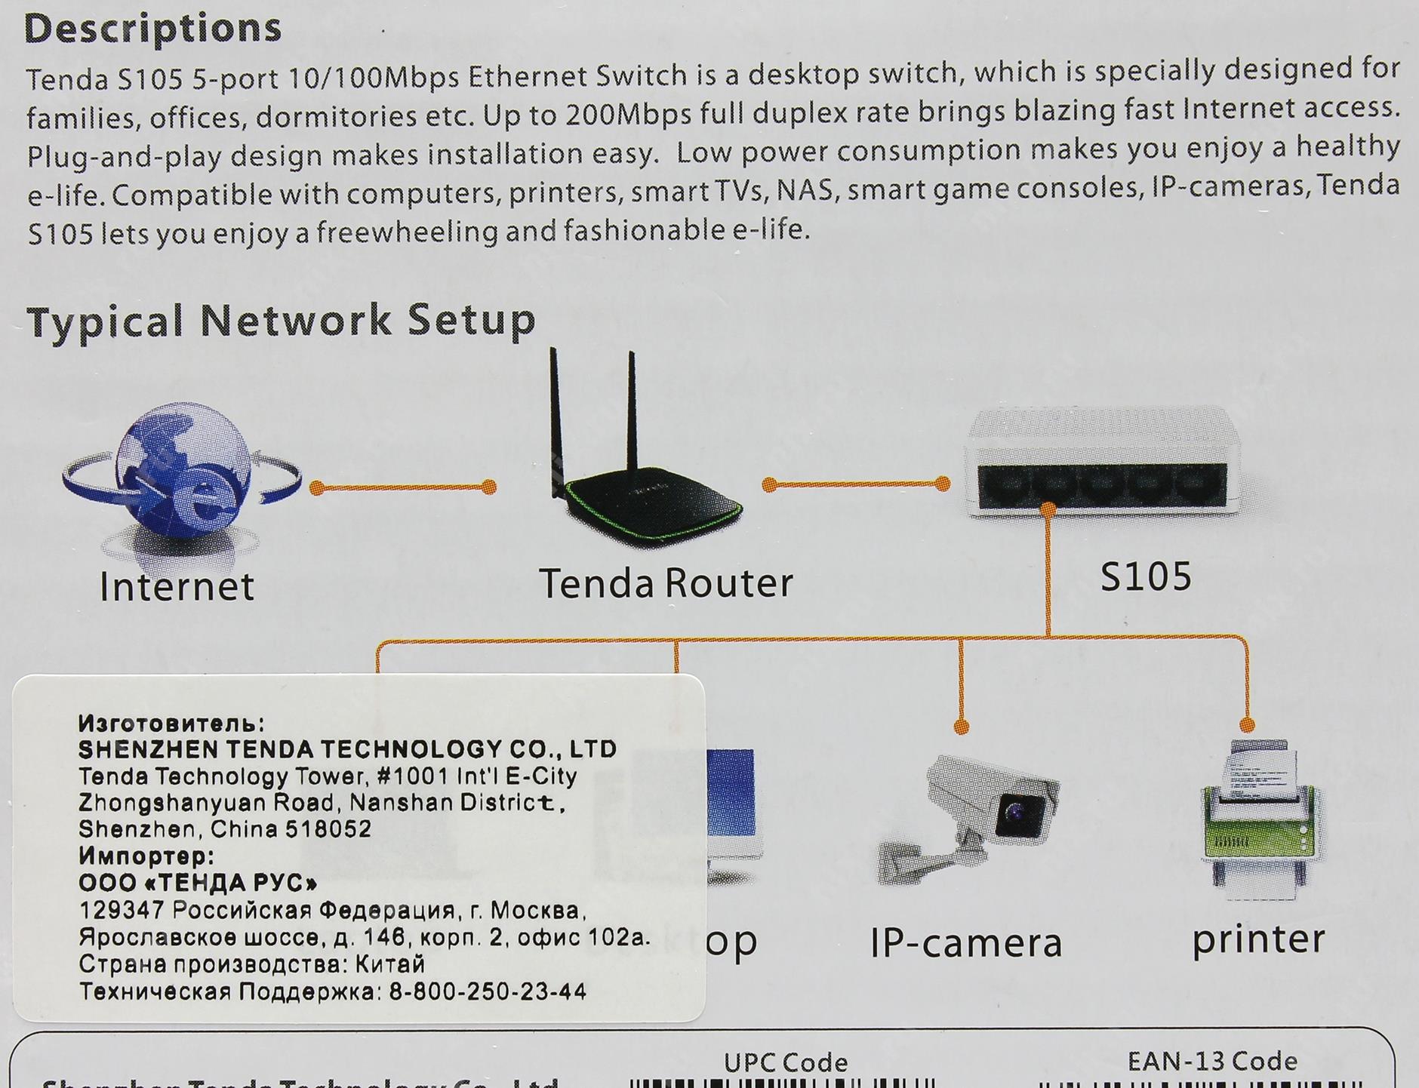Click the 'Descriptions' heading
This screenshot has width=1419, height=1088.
152,29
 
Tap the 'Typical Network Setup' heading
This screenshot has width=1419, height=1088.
281,321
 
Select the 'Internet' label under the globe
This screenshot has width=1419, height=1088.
177,586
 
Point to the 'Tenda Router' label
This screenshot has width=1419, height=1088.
666,583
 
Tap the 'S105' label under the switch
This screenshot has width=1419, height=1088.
1146,577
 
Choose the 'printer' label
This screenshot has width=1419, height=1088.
1258,939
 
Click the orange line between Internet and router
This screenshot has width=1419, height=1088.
404,487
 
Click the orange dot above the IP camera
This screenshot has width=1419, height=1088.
961,727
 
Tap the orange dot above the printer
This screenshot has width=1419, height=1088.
1247,725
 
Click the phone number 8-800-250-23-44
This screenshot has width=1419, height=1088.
488,991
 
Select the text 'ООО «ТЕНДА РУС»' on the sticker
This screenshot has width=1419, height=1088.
198,883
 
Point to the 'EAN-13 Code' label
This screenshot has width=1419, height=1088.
1212,1062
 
